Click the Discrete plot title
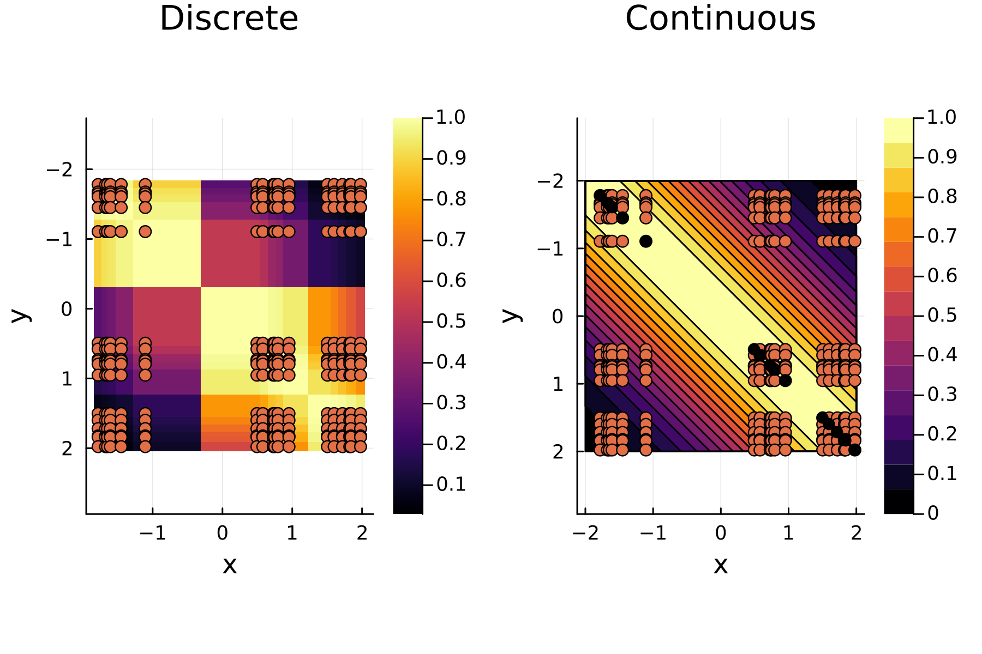pyautogui.click(x=229, y=19)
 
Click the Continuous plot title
pyautogui.click(x=720, y=19)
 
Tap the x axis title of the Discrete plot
pyautogui.click(x=230, y=565)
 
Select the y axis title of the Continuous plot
pyautogui.click(x=512, y=315)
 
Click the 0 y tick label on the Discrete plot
pyautogui.click(x=67, y=309)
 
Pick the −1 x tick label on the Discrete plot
pyautogui.click(x=152, y=533)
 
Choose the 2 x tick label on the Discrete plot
pyautogui.click(x=362, y=533)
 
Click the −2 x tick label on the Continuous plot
pyautogui.click(x=585, y=533)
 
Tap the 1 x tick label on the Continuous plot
pyautogui.click(x=788, y=533)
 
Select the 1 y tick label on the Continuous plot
pyautogui.click(x=558, y=384)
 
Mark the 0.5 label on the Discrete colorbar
pyautogui.click(x=451, y=321)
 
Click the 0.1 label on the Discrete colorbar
pyautogui.click(x=451, y=484)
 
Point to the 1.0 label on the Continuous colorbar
pyautogui.click(x=942, y=117)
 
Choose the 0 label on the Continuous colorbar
pyautogui.click(x=933, y=513)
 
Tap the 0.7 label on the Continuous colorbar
pyautogui.click(x=942, y=236)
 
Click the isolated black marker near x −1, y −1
pyautogui.click(x=646, y=241)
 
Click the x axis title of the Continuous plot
pyautogui.click(x=721, y=565)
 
